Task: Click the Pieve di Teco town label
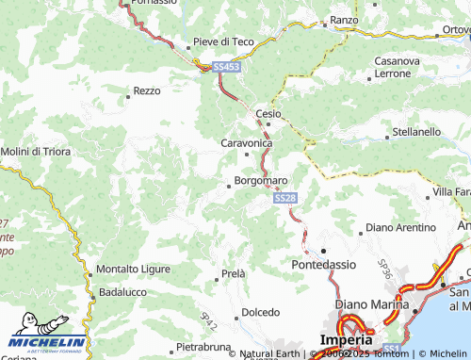(x=223, y=41)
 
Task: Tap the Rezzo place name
(x=147, y=90)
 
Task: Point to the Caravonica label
(x=246, y=142)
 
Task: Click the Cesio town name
(x=269, y=113)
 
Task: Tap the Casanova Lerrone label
(x=398, y=67)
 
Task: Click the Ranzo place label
(x=345, y=20)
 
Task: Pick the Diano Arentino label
(x=400, y=227)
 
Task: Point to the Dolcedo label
(x=261, y=312)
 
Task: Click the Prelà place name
(x=233, y=273)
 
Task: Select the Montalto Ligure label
(x=134, y=269)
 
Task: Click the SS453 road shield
(x=226, y=67)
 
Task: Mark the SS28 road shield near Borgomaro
(x=286, y=199)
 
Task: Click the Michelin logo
(x=47, y=343)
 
